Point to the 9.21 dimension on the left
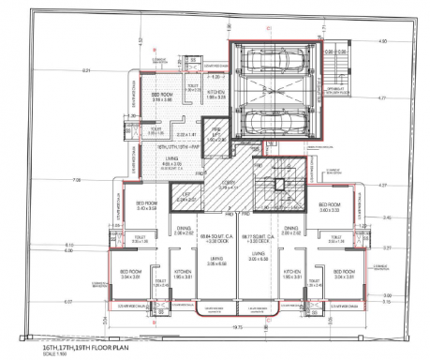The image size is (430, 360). [86, 71]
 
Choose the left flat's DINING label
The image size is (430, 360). [186, 231]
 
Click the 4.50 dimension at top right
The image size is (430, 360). [381, 41]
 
